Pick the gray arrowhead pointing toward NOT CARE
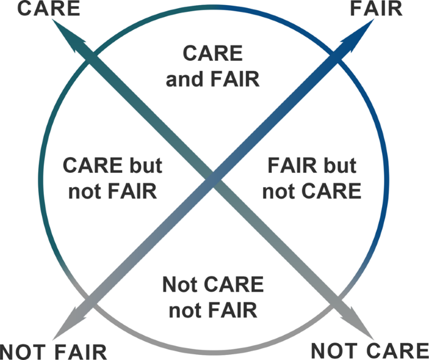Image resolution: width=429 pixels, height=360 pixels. point(358,326)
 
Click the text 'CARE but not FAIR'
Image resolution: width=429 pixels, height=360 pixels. point(113,178)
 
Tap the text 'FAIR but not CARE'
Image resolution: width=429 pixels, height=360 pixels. point(311,178)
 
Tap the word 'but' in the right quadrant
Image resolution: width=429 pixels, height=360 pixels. point(336,167)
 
